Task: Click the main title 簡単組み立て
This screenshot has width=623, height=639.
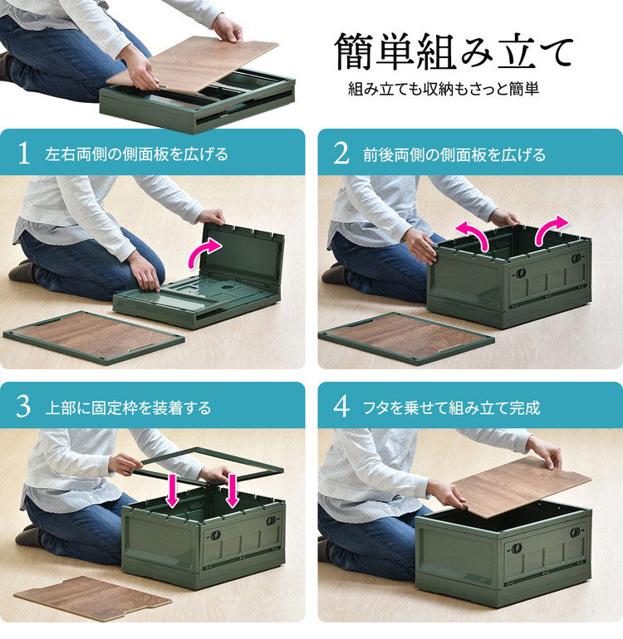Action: pyautogui.click(x=454, y=51)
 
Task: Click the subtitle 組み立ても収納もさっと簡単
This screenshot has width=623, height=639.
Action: pyautogui.click(x=444, y=89)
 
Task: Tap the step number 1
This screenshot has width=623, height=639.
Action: pyautogui.click(x=23, y=154)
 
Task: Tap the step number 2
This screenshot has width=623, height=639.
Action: pyautogui.click(x=341, y=154)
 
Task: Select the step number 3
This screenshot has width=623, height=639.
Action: pyautogui.click(x=23, y=407)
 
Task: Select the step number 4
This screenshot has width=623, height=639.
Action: pyautogui.click(x=341, y=407)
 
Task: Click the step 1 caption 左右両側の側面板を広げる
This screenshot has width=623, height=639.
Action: pyautogui.click(x=137, y=154)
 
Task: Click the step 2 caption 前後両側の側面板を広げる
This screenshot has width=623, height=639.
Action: pyautogui.click(x=454, y=154)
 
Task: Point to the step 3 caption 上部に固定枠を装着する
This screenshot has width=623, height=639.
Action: pyautogui.click(x=128, y=407)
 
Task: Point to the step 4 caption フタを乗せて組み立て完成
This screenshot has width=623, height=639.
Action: pyautogui.click(x=451, y=407)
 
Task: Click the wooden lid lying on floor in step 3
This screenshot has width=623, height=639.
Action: pyautogui.click(x=92, y=598)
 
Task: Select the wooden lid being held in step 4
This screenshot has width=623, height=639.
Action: pyautogui.click(x=522, y=486)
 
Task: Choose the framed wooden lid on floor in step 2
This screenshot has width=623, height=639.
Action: pyautogui.click(x=407, y=338)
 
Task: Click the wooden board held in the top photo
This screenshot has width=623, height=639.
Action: pyautogui.click(x=193, y=64)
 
